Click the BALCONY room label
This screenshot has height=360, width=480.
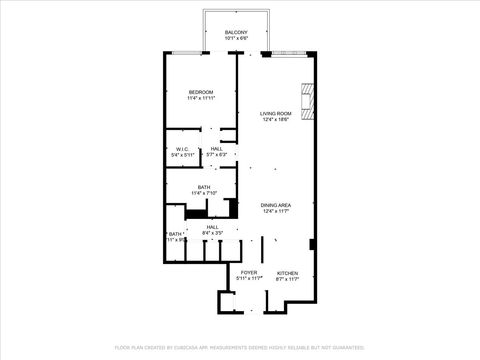[x=236, y=33]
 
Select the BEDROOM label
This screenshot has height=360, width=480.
[x=201, y=93]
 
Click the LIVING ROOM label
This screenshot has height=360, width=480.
[x=275, y=114]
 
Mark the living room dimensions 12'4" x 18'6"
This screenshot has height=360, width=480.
[x=275, y=121]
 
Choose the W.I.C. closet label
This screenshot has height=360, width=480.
[x=180, y=149]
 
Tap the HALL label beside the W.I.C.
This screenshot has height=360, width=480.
[x=216, y=149]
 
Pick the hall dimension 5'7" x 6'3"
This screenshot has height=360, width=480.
[x=216, y=156]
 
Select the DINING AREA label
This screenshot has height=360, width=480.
[x=275, y=205]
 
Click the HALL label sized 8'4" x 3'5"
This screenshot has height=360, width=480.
[x=213, y=227]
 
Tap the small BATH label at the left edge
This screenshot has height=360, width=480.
[x=174, y=234]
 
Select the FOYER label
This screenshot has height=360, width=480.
[x=248, y=272]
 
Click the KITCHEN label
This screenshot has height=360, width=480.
[x=287, y=272]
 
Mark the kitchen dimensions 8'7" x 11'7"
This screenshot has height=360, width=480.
[x=287, y=279]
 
